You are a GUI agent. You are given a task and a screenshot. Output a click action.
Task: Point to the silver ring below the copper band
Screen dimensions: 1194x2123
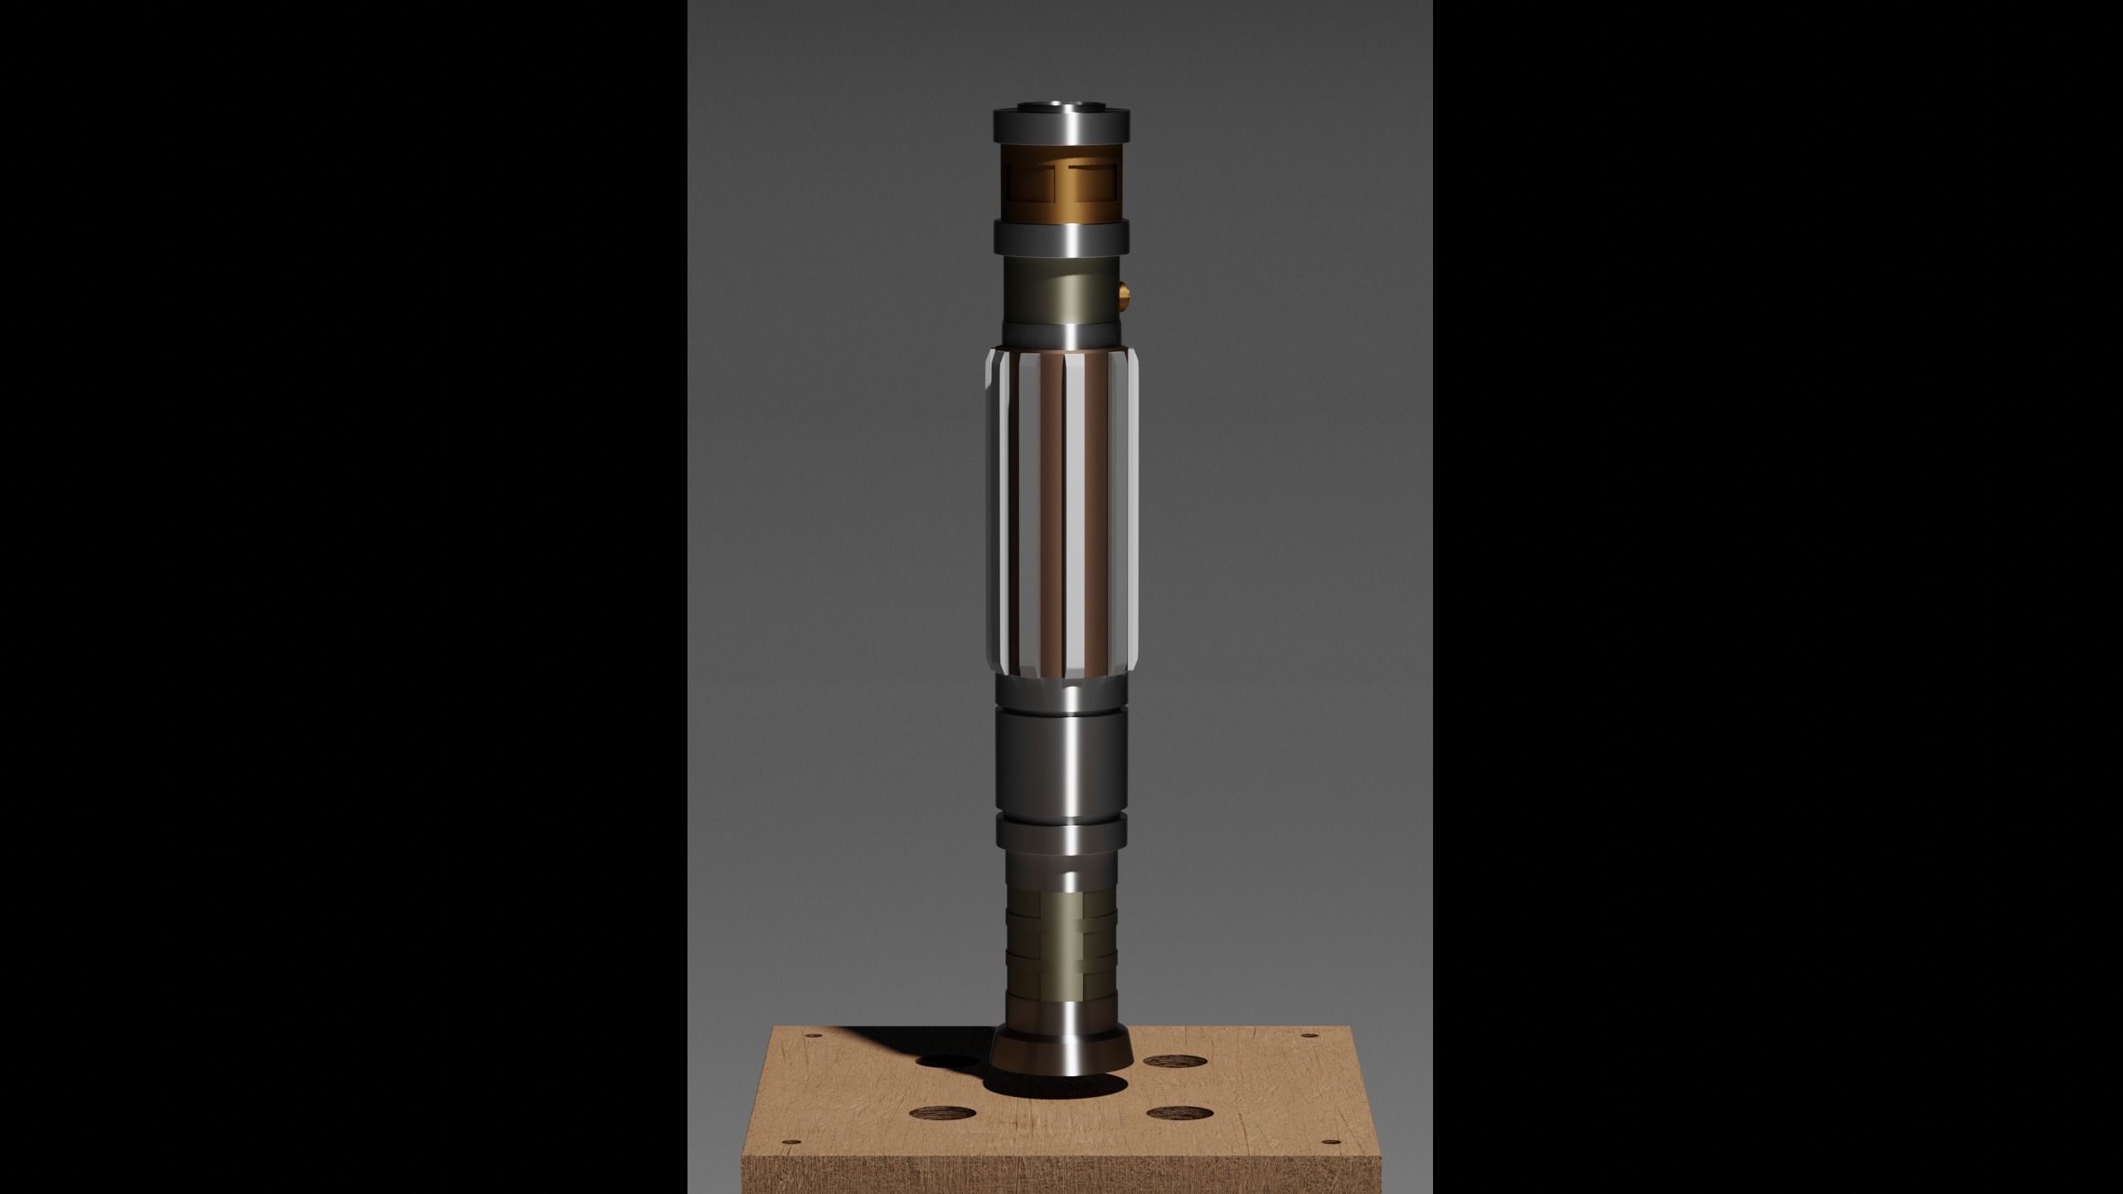tap(1062, 236)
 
